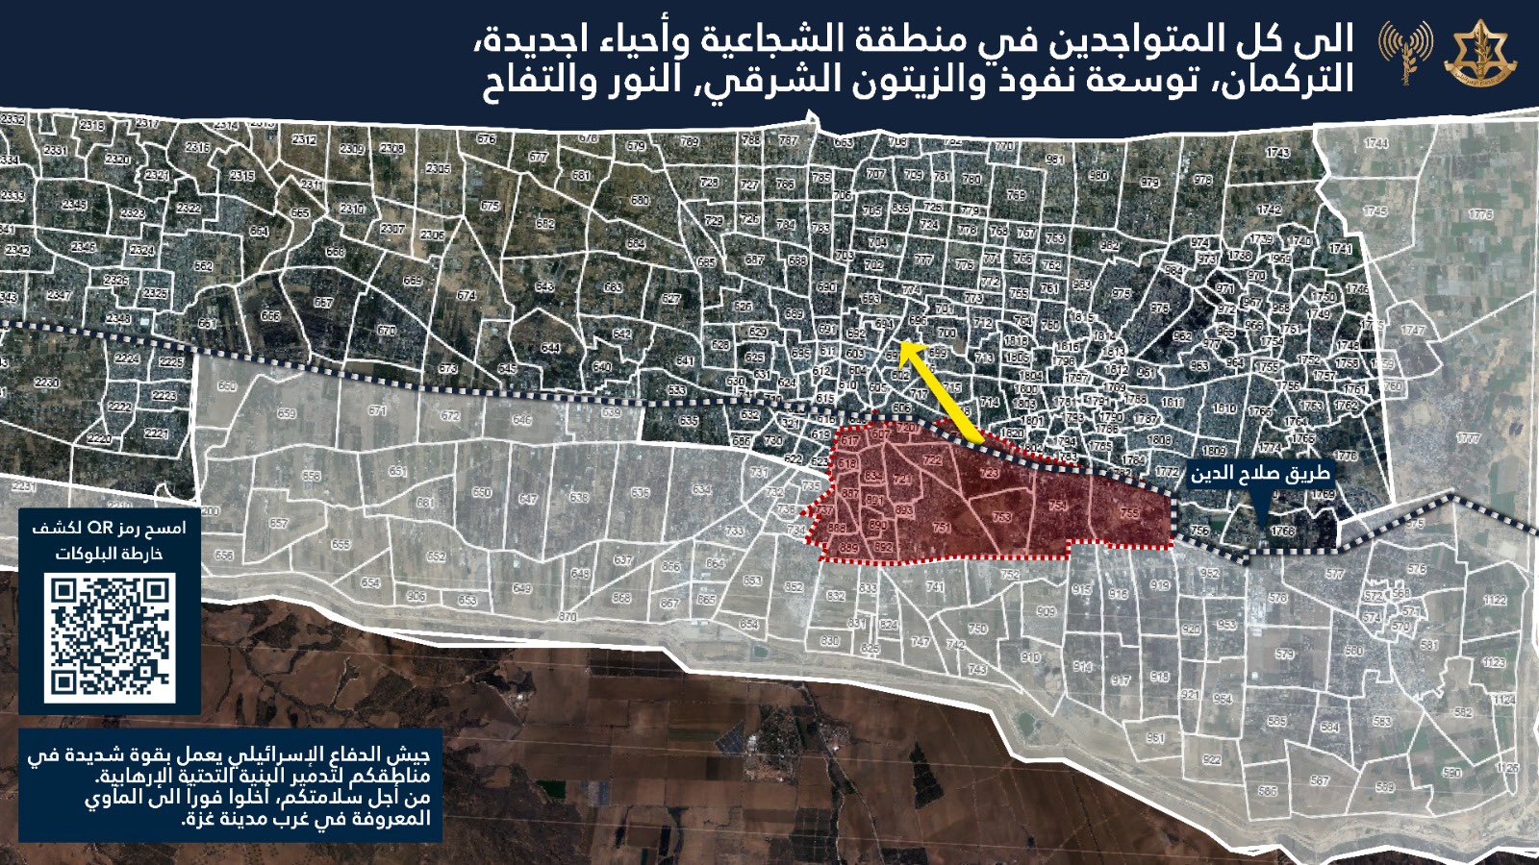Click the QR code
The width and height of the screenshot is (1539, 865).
point(110,636)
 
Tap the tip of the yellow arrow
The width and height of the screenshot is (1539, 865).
point(901,343)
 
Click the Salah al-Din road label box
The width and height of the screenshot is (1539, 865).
point(1259,473)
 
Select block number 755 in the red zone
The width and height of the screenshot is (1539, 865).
point(1129,513)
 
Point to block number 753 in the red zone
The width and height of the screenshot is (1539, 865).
point(1001,517)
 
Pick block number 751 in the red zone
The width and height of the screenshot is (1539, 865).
point(942,527)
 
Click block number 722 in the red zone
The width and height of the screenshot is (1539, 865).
point(932,460)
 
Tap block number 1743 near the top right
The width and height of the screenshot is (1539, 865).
point(1277,153)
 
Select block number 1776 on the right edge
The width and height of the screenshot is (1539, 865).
point(1479,214)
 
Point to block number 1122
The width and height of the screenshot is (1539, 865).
point(1494,599)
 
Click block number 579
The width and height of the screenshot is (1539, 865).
point(1284,654)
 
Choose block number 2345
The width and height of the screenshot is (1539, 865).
point(74,205)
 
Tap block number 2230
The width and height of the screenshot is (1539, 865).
point(46,382)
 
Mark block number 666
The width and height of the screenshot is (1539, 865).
point(270,315)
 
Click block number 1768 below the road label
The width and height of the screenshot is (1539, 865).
point(1282,531)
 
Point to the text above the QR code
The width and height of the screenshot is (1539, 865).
point(110,540)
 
